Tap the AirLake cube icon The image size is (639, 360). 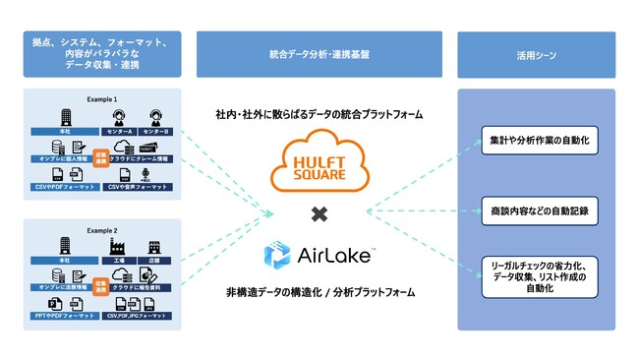(277, 256)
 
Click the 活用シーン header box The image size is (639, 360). (536, 55)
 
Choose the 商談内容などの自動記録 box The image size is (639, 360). (536, 210)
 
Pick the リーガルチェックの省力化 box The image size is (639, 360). (536, 275)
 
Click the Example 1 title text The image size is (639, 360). (101, 99)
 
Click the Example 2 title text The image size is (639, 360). (101, 229)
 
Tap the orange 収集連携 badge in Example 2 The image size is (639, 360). (99, 285)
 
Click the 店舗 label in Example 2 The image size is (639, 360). (152, 260)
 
